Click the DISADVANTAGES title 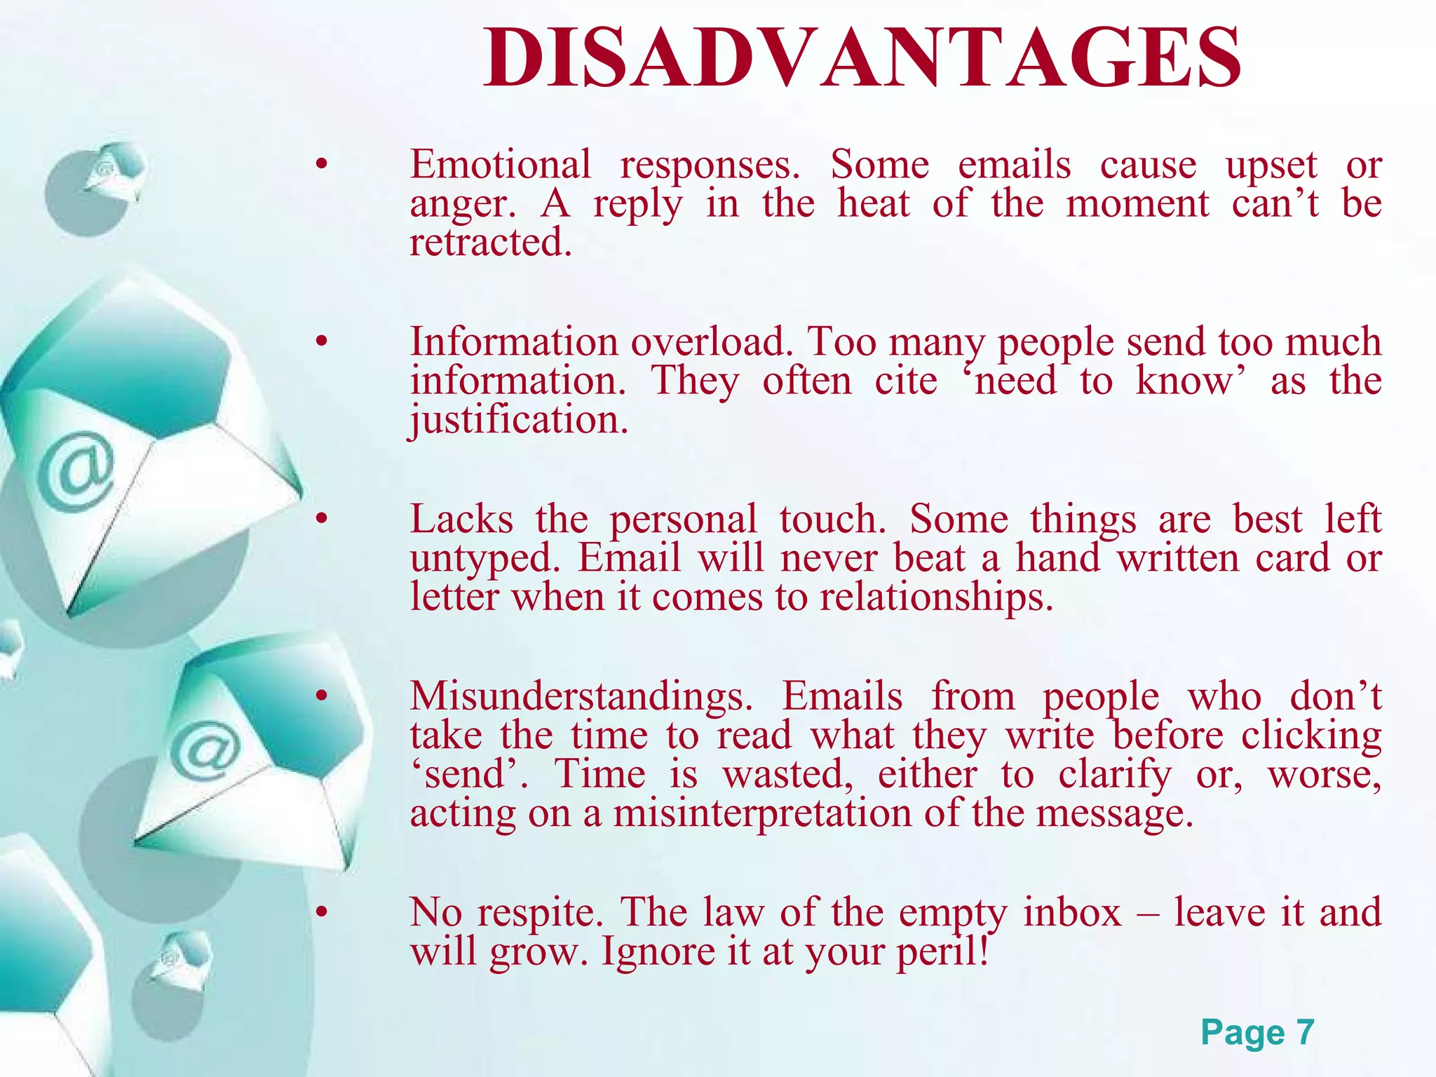(862, 57)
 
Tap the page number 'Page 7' (1256, 1032)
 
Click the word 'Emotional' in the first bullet (501, 165)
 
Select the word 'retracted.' (491, 243)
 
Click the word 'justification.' (519, 421)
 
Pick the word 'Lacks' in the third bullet (461, 520)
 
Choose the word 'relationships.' (937, 598)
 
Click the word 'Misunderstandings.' (581, 697)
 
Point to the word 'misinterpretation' (763, 814)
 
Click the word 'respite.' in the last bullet (540, 913)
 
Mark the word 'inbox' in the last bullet (1072, 913)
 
